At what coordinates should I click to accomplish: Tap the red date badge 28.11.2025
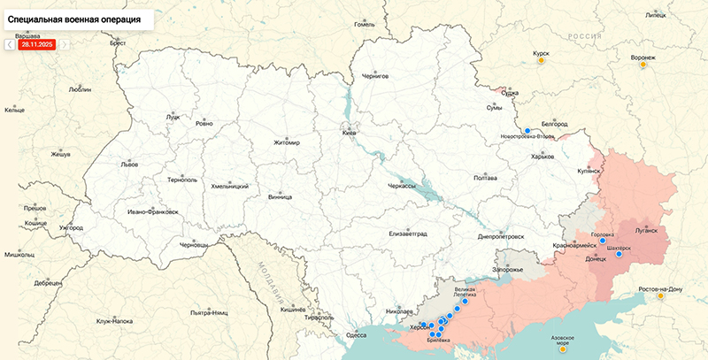(37, 44)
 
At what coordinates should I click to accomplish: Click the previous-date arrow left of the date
(10, 44)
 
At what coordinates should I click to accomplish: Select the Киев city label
(349, 133)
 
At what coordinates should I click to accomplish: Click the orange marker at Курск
(541, 63)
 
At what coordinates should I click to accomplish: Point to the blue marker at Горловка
(603, 240)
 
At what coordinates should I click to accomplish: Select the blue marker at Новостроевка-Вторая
(527, 130)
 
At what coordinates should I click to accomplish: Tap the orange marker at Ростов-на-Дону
(660, 296)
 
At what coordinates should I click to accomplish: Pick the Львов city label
(130, 165)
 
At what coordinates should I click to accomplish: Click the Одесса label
(356, 335)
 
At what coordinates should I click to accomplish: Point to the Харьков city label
(542, 157)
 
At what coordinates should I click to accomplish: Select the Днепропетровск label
(501, 236)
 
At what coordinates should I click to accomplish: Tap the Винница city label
(280, 197)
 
